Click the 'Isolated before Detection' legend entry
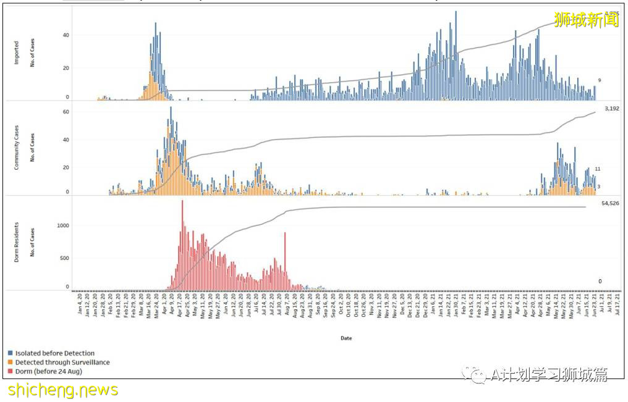(x=54, y=353)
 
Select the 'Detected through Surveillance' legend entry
(x=62, y=362)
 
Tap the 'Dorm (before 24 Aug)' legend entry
(x=48, y=372)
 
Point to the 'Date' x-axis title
(x=347, y=338)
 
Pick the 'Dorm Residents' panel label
(x=17, y=245)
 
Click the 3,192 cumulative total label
(x=611, y=109)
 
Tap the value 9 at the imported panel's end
(x=599, y=80)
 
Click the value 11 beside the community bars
(x=598, y=169)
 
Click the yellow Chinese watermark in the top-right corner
(x=586, y=20)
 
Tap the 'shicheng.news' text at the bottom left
(x=63, y=390)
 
